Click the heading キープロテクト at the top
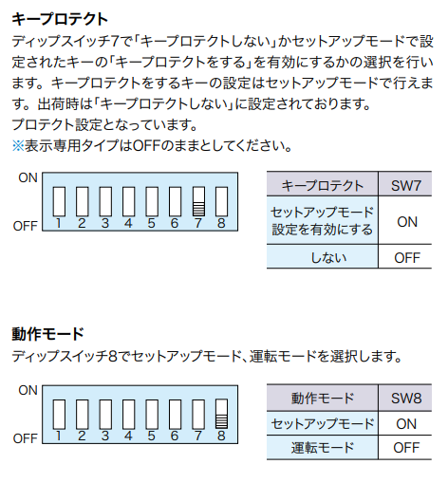60,19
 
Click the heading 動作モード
47,334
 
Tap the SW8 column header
406,399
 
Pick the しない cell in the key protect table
323,257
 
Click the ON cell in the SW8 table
406,424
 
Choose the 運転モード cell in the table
323,448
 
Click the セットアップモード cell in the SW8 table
323,424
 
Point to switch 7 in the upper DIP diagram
198,201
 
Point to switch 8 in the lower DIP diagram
221,414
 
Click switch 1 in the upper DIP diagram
59,201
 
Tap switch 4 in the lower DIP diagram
129,414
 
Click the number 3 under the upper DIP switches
105,223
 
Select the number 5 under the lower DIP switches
152,436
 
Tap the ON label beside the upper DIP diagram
28,177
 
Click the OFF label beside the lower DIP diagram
26,438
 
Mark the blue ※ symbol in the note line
18,146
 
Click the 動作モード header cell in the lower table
323,399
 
